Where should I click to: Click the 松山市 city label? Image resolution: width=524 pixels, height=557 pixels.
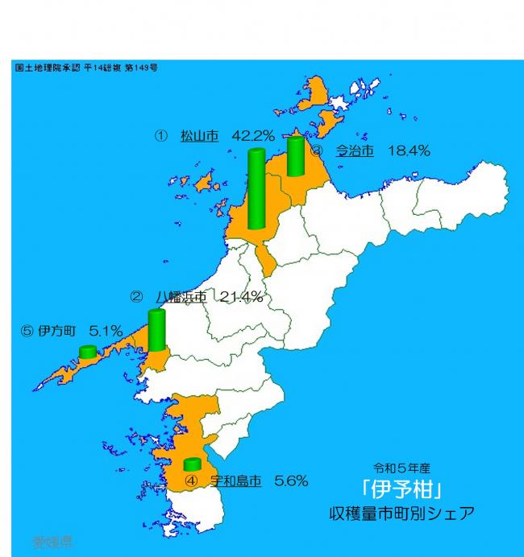tap(199, 136)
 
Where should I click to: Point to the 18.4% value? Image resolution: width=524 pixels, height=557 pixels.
tap(409, 151)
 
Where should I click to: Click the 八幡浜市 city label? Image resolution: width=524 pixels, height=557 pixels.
tap(181, 297)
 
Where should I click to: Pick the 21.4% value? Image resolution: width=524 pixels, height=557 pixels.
tap(241, 297)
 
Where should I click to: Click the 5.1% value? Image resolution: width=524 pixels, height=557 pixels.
tap(106, 330)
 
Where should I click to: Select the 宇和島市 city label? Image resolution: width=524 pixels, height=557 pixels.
tap(235, 481)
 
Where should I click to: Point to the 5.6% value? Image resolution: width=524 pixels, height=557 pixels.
tap(291, 481)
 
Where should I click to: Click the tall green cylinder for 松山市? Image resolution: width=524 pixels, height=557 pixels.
tap(257, 189)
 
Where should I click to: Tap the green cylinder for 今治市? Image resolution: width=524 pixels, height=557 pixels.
tap(295, 155)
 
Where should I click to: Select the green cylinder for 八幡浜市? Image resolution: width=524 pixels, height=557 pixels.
tap(157, 330)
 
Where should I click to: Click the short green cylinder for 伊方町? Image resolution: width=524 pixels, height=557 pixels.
tap(88, 352)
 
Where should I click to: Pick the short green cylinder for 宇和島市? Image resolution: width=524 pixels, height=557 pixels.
tap(192, 464)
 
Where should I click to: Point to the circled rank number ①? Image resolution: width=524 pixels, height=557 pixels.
tap(160, 136)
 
